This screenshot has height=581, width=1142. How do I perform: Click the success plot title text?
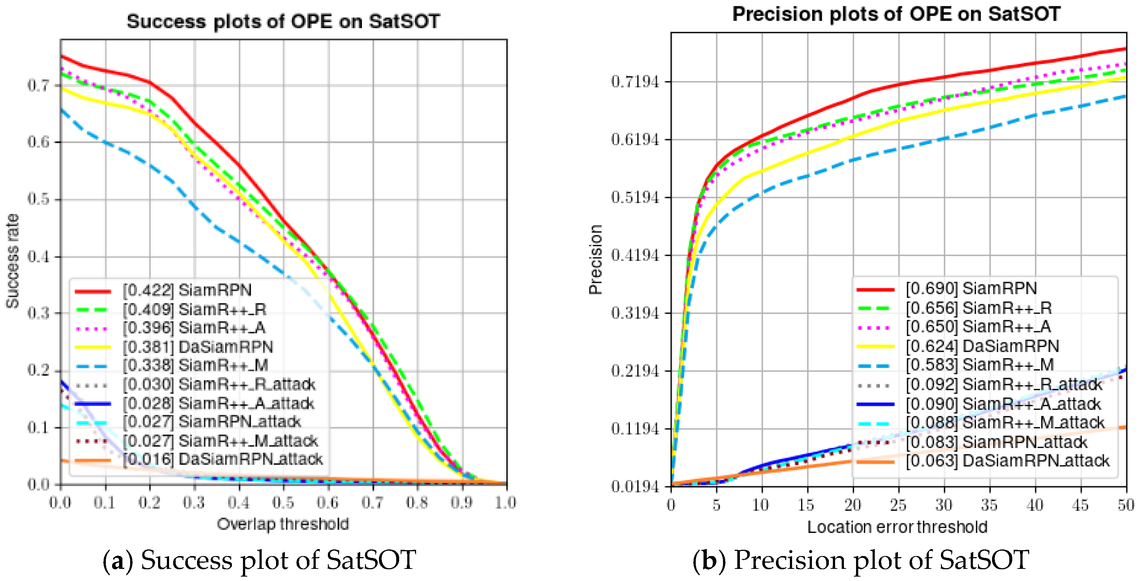coord(283,21)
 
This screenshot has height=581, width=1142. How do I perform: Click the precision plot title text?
coord(895,14)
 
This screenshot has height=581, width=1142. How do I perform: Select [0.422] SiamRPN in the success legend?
coord(186,290)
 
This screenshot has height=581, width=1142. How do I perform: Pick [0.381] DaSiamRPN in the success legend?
coord(197,347)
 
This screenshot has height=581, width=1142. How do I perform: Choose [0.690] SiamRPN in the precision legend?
coord(971,289)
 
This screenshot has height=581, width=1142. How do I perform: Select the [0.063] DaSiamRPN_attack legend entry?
coord(1006,461)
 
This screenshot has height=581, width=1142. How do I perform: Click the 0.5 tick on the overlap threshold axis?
coord(283,503)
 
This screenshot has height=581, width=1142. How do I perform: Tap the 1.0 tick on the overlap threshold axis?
coord(505,503)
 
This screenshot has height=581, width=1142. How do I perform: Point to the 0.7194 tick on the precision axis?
coord(635,82)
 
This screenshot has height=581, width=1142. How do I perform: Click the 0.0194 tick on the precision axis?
coord(635,487)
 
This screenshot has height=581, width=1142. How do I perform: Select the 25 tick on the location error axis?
coord(898,505)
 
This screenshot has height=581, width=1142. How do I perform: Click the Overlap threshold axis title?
coord(283,524)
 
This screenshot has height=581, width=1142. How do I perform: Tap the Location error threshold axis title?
coord(897,527)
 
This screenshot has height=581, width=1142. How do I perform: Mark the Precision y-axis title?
coord(595,260)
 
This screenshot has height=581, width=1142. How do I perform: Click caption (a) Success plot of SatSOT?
coord(259,560)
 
